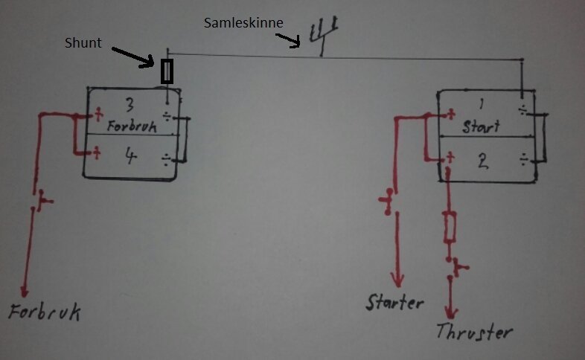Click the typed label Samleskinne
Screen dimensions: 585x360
[243, 23]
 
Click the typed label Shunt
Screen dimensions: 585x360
[83, 42]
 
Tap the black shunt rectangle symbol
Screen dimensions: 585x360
[167, 71]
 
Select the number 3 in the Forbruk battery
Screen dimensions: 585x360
[130, 104]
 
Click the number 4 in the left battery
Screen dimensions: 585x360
[130, 155]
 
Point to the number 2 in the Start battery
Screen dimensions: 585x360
[483, 161]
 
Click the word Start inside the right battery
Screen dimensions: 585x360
[481, 126]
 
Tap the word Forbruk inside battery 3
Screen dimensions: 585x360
[132, 126]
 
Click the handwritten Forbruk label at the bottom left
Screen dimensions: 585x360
[45, 312]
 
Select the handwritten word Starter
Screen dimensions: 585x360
[394, 302]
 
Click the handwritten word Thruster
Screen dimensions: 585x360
[474, 331]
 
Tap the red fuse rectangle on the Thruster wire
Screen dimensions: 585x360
[450, 227]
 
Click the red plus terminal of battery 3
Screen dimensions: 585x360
[98, 114]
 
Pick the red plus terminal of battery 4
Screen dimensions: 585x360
[96, 152]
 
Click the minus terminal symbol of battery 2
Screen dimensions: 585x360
[524, 160]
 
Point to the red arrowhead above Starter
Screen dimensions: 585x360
[397, 280]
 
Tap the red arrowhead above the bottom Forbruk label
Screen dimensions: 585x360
[25, 291]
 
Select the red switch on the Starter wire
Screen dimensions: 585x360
[387, 202]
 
